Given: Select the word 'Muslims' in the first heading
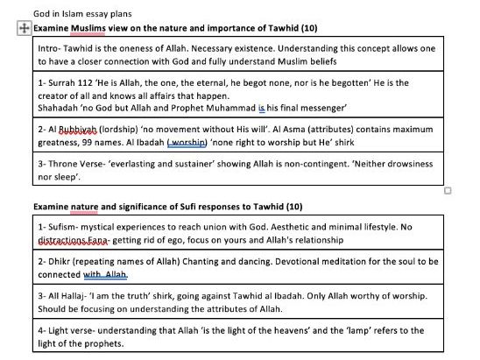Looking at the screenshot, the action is coord(88,29).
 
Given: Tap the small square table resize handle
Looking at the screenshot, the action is coord(448,191).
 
